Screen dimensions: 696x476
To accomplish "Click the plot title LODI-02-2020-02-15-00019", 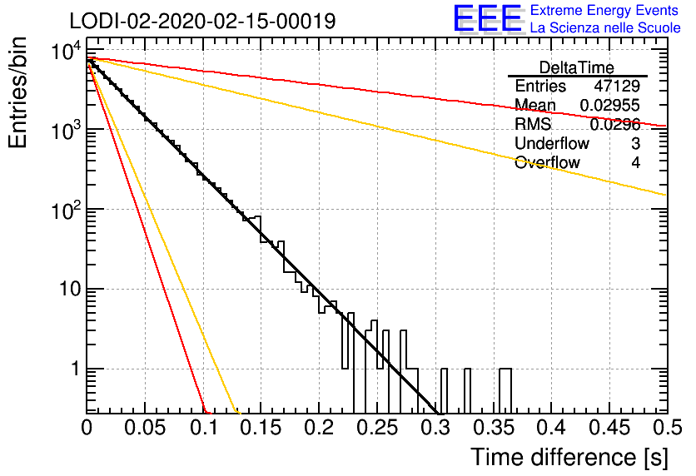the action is (202, 21).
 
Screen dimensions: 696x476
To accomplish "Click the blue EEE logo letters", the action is (488, 18).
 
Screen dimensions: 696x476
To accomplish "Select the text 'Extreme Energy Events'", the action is (604, 10).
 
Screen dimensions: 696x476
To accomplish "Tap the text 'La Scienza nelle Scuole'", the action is (605, 28).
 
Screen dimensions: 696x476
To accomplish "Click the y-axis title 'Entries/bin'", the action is (17, 92).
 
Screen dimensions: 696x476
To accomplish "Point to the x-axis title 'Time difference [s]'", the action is (569, 457).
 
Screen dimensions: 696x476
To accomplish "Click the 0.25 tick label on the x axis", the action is (377, 428).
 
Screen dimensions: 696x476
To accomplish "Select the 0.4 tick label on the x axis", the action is (551, 428).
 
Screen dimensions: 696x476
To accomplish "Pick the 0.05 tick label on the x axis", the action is (145, 428).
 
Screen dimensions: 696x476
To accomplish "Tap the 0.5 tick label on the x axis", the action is (668, 428).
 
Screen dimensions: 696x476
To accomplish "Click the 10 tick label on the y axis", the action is (71, 290).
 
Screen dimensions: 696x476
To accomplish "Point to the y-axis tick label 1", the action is (76, 369).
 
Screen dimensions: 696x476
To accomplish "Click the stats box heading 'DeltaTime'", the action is (577, 67).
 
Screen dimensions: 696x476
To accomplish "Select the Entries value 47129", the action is (617, 86).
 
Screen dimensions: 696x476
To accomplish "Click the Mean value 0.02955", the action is (610, 105).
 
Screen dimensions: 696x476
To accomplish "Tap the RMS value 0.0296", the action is (614, 125).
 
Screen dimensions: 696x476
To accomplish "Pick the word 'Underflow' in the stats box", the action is (552, 143).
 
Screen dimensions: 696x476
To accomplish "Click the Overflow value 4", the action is (635, 162).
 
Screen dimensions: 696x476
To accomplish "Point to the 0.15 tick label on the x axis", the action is (261, 428).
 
